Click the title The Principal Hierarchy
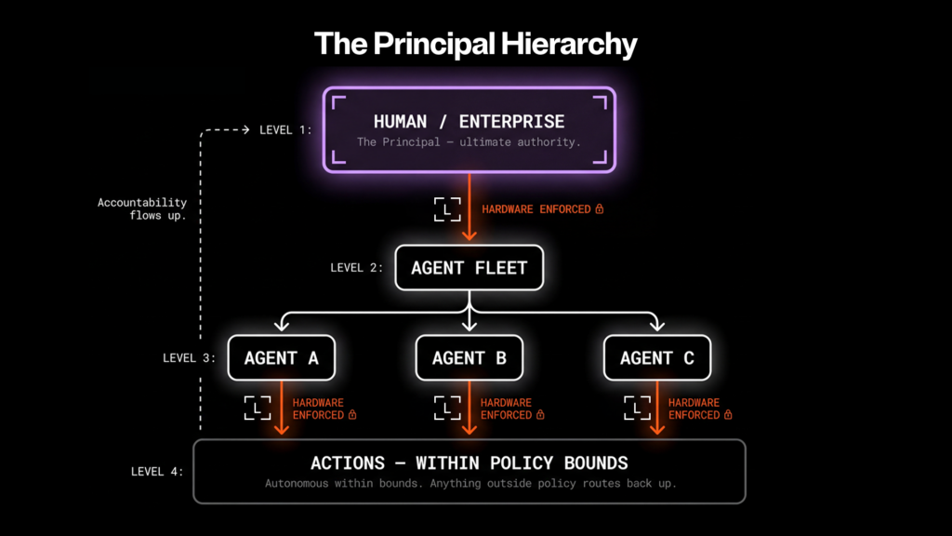(x=475, y=44)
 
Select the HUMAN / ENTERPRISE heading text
(x=469, y=121)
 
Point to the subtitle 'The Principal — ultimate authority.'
(x=469, y=142)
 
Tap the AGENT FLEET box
(x=469, y=268)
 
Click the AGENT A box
(x=281, y=358)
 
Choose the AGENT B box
(x=469, y=358)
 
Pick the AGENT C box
(x=656, y=358)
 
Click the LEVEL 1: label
(x=285, y=130)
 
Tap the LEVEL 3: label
(x=189, y=358)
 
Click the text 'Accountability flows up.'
(x=142, y=208)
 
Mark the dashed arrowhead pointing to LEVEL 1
(x=246, y=130)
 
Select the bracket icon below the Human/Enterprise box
(x=447, y=209)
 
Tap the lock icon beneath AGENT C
(x=728, y=415)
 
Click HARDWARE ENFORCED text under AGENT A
(x=318, y=409)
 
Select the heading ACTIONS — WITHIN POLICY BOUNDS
(x=469, y=462)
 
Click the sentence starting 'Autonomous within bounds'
(x=469, y=484)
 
